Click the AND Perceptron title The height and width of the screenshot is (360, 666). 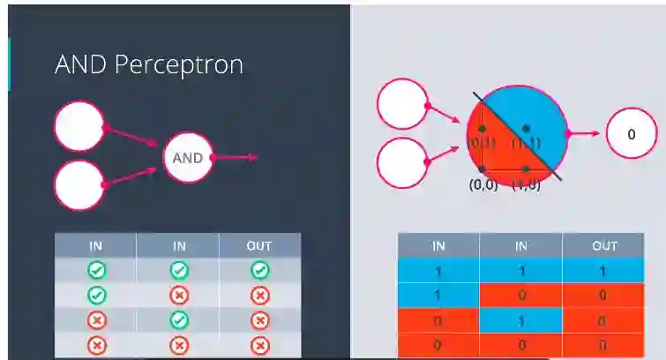(x=148, y=64)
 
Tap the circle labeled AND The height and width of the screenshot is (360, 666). (x=187, y=159)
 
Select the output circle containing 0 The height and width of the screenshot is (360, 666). (x=632, y=135)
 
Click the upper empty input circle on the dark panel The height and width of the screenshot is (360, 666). (x=79, y=127)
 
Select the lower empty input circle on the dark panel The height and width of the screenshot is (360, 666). (x=79, y=185)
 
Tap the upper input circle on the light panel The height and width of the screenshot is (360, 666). (x=402, y=104)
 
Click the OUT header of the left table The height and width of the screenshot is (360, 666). (x=259, y=245)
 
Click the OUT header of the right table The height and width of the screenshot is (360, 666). (x=604, y=246)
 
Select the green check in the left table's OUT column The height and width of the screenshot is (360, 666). (x=259, y=270)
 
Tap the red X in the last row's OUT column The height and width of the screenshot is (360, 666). (x=259, y=345)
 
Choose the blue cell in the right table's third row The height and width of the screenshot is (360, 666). (x=520, y=320)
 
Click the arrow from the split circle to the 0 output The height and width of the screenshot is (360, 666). (x=584, y=135)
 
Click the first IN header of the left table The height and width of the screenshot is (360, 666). (x=95, y=245)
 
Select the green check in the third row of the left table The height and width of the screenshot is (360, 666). (x=178, y=320)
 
